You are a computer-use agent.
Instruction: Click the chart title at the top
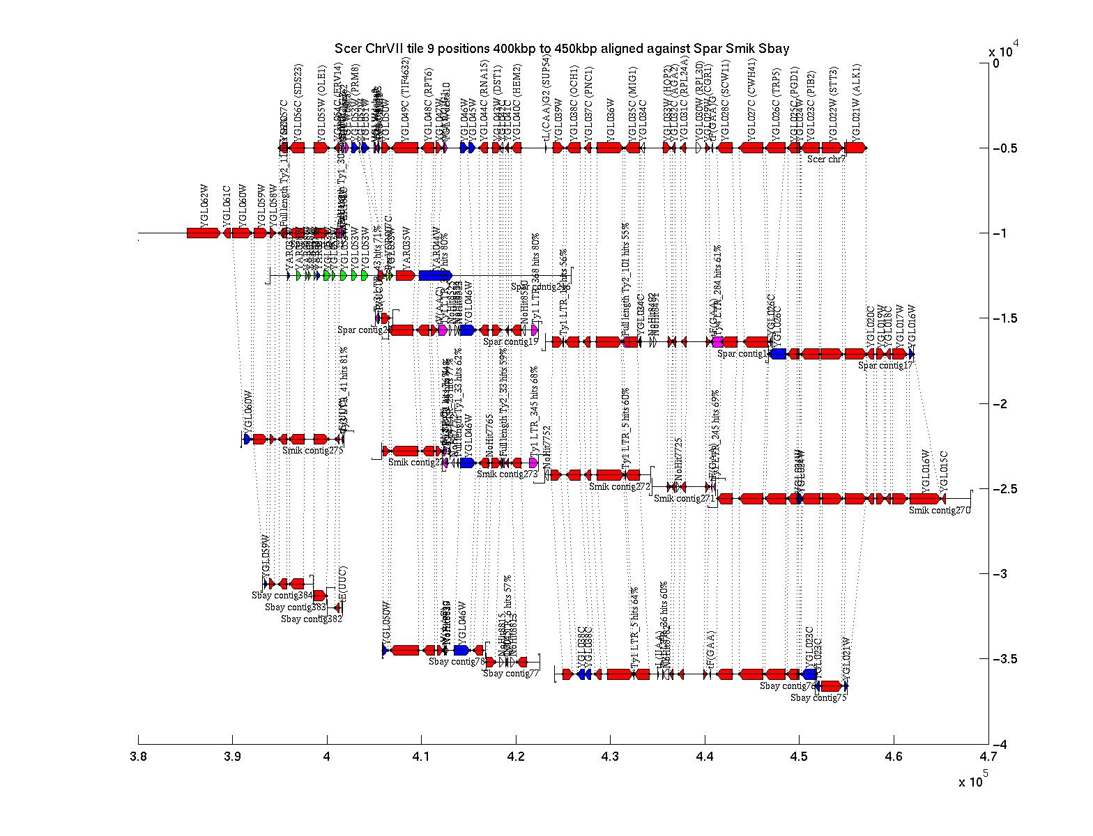[x=562, y=49]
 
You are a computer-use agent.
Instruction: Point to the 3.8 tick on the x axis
[x=138, y=757]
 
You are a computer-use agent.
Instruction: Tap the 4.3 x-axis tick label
[x=610, y=757]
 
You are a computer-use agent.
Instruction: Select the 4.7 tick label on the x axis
[x=988, y=757]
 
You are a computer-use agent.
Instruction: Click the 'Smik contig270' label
[x=939, y=511]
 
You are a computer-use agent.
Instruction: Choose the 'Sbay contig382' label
[x=312, y=619]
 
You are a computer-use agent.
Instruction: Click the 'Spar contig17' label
[x=885, y=365]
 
